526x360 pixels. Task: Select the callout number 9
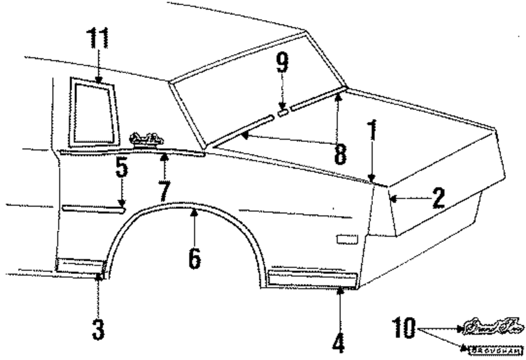(282, 64)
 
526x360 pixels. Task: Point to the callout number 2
(438, 199)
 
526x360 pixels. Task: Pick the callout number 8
(340, 152)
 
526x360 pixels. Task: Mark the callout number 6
(194, 256)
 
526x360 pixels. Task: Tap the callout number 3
(98, 330)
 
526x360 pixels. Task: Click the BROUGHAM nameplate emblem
(493, 348)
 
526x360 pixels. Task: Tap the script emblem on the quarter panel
(146, 139)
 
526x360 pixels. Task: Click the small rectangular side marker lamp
(346, 240)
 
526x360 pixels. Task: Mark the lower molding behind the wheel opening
(313, 279)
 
